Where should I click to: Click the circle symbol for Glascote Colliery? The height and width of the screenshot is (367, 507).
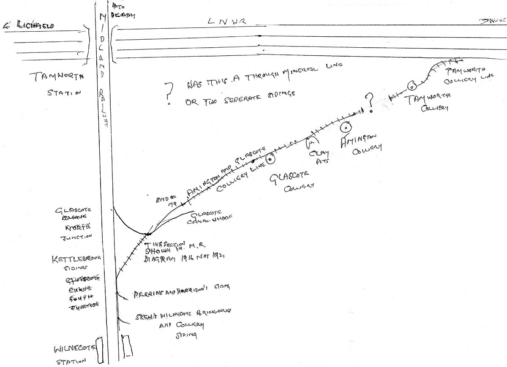coord(270,159)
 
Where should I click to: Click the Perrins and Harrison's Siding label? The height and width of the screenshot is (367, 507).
coord(181,288)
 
